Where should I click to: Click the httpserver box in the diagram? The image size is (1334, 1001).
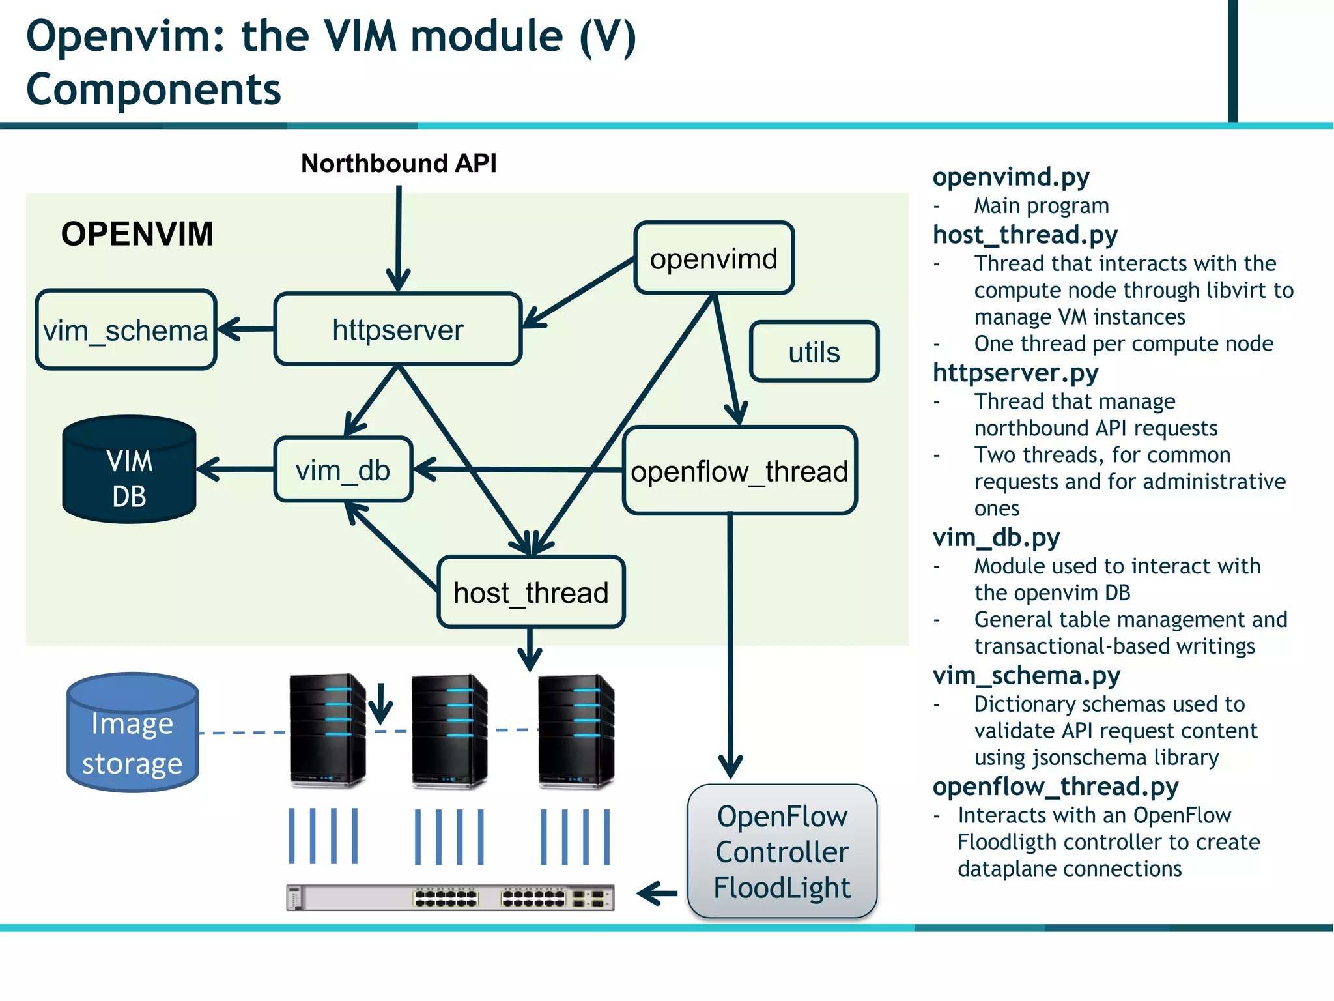[x=397, y=329]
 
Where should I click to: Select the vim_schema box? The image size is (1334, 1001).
[x=126, y=330]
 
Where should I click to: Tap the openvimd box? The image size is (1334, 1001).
[x=713, y=259]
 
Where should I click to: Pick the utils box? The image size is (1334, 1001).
[x=814, y=352]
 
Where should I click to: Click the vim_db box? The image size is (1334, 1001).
[x=343, y=470]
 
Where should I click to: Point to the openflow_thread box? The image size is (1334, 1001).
[x=739, y=471]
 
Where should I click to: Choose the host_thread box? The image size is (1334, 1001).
[x=531, y=592]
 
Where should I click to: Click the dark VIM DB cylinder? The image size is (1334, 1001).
[x=129, y=471]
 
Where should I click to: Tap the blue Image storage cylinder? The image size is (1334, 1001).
[x=132, y=733]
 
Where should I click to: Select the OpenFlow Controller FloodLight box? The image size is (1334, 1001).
[x=782, y=851]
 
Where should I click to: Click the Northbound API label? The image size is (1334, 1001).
[x=399, y=163]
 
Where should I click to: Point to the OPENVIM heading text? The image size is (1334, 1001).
[x=137, y=234]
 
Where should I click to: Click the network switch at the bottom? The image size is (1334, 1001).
[x=450, y=898]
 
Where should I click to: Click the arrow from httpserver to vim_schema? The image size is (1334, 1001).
[x=245, y=329]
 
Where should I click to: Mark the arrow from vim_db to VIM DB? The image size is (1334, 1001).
[x=234, y=469]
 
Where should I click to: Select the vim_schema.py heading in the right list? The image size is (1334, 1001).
[x=1026, y=676]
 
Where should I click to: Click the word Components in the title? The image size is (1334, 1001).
[x=153, y=89]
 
